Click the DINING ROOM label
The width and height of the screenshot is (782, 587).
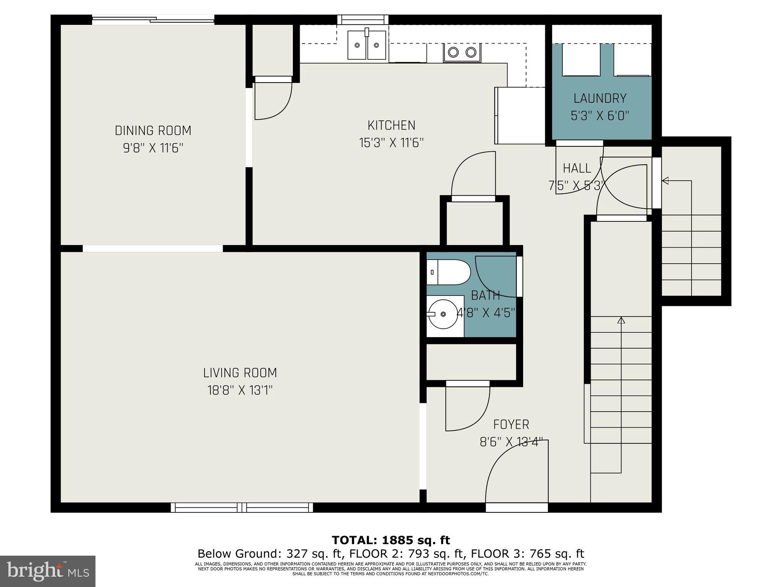coord(153,131)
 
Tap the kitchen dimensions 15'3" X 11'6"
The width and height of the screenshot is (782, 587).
coord(391,143)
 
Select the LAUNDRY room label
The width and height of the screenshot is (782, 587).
coord(600,99)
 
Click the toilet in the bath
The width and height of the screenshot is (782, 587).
coord(449,272)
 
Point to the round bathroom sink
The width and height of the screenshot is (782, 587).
coord(443,314)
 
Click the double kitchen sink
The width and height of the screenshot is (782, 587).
coord(367,45)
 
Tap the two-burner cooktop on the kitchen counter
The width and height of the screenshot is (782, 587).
coord(462,52)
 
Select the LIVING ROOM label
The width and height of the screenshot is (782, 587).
coord(240,373)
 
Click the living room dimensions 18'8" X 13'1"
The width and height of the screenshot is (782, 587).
coord(240,390)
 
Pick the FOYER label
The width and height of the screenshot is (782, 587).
coord(511,425)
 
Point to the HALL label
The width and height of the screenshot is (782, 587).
coord(577,168)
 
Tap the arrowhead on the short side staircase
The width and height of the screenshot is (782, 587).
coord(665,180)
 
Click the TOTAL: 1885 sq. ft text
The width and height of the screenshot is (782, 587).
coord(391,540)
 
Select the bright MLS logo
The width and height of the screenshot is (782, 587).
coord(47,571)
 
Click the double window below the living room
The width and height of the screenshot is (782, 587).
coord(242,508)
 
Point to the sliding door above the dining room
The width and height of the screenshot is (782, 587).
coord(153,19)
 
